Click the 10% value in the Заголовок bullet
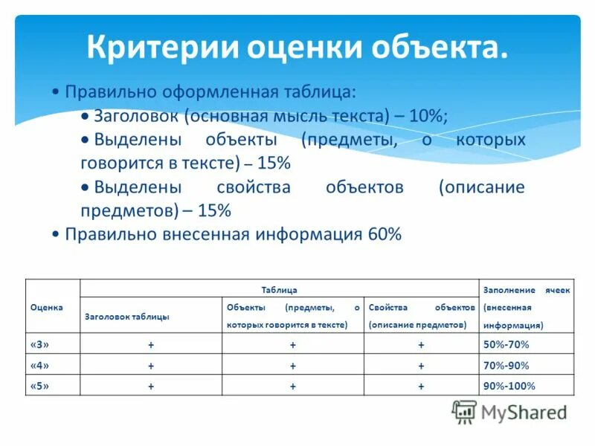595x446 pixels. (426, 116)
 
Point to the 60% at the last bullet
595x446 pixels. (384, 235)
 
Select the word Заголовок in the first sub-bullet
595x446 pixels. (138, 116)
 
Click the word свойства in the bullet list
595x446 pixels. (254, 187)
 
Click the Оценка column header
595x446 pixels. (46, 306)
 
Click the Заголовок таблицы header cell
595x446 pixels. (127, 316)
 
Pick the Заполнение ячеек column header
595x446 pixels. (526, 307)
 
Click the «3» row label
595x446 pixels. (40, 344)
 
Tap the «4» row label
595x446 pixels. (40, 365)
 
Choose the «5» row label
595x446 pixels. (40, 386)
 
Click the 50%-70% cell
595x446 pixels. (506, 344)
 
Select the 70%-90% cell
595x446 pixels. (506, 365)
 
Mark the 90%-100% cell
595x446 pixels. (509, 386)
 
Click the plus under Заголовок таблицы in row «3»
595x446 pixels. (151, 345)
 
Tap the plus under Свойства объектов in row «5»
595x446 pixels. (421, 387)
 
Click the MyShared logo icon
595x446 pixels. (464, 411)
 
